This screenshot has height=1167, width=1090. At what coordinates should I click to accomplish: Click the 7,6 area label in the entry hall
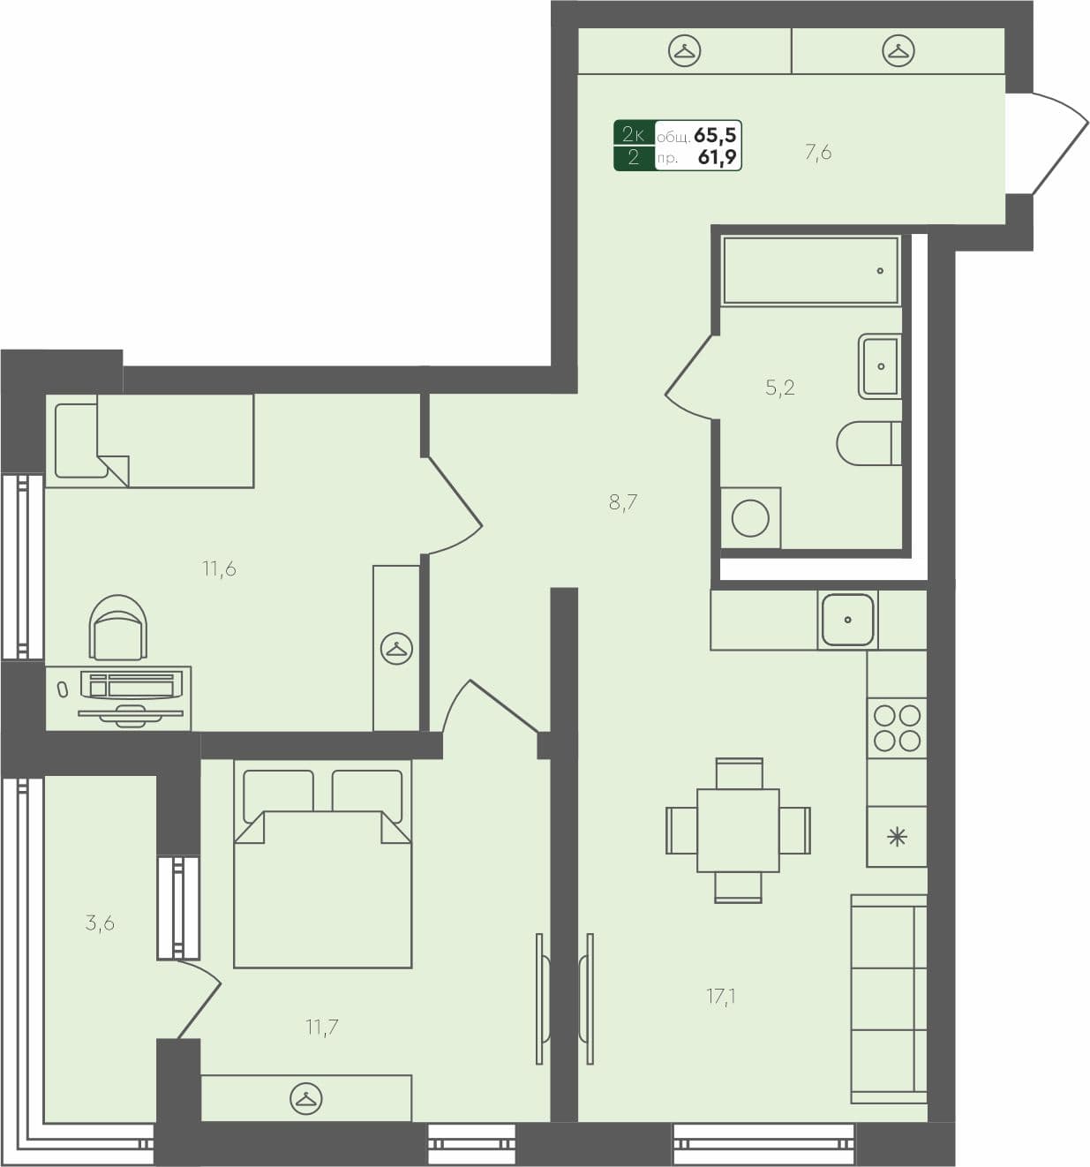817,153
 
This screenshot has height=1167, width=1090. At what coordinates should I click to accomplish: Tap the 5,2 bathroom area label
779,388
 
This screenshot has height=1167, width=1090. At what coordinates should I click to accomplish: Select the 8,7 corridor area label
623,503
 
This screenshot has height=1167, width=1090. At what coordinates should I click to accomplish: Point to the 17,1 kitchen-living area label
721,997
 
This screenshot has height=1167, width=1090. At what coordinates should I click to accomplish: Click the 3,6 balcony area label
100,923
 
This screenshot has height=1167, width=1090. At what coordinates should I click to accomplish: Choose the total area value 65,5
715,135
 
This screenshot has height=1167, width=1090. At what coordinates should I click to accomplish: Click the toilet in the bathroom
868,443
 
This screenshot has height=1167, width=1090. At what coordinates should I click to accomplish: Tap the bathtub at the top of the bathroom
810,270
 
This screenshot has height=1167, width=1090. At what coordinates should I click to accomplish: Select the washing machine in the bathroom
750,518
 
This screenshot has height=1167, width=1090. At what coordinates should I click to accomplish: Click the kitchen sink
847,620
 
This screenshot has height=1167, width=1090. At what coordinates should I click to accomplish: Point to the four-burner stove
897,728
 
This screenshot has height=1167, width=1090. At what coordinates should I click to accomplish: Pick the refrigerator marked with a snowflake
897,837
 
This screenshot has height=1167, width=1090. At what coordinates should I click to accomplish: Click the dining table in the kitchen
738,831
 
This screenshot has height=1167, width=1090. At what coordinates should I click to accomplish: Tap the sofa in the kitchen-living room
889,998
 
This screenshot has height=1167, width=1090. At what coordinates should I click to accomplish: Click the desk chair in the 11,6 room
118,628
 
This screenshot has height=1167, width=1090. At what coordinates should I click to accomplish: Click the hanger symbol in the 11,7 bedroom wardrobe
306,1098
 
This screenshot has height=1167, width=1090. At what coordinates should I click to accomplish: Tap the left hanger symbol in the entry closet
684,51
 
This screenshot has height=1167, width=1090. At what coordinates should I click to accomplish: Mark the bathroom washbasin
880,365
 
